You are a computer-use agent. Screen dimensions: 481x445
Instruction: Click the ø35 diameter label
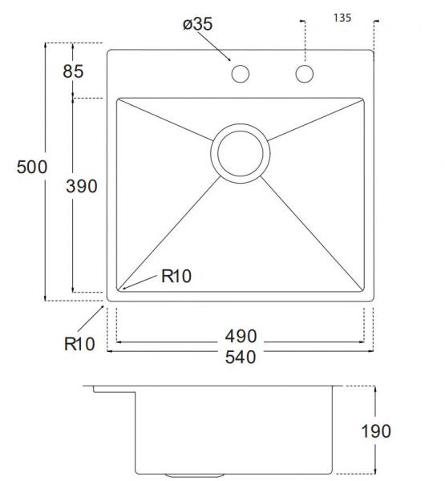click(197, 25)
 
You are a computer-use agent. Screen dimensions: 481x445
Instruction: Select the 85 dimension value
click(73, 71)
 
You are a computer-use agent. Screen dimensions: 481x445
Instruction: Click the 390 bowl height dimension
click(81, 187)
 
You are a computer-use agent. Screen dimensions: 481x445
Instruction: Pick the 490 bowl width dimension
click(241, 337)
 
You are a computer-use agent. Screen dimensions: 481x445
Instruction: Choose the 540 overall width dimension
click(241, 358)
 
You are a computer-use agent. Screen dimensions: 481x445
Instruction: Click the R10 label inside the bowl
click(176, 277)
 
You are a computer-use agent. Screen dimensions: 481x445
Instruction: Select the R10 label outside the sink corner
click(79, 344)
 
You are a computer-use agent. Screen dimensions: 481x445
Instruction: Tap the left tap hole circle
click(239, 75)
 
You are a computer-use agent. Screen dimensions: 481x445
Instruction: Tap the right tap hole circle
click(304, 75)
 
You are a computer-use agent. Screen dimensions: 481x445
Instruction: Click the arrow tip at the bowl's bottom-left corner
click(122, 287)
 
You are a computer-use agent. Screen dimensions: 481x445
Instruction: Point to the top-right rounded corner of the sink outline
click(371, 54)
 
